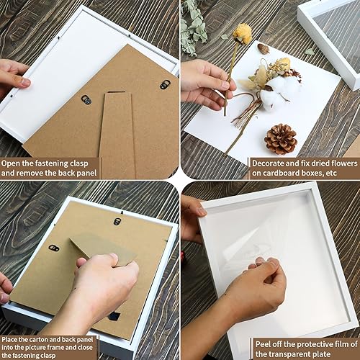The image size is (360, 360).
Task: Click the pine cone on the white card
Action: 281,139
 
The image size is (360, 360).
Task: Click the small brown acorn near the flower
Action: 264,48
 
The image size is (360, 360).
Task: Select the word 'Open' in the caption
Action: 11,163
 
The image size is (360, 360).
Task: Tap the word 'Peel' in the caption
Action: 263,344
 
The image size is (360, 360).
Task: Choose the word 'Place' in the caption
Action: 9,340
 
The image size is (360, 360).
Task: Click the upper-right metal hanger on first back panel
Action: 165,84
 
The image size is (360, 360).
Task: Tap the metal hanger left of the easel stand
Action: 86,99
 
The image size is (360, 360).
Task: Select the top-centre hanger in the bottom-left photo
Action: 117,221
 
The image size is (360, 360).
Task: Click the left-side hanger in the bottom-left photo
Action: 54,248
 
